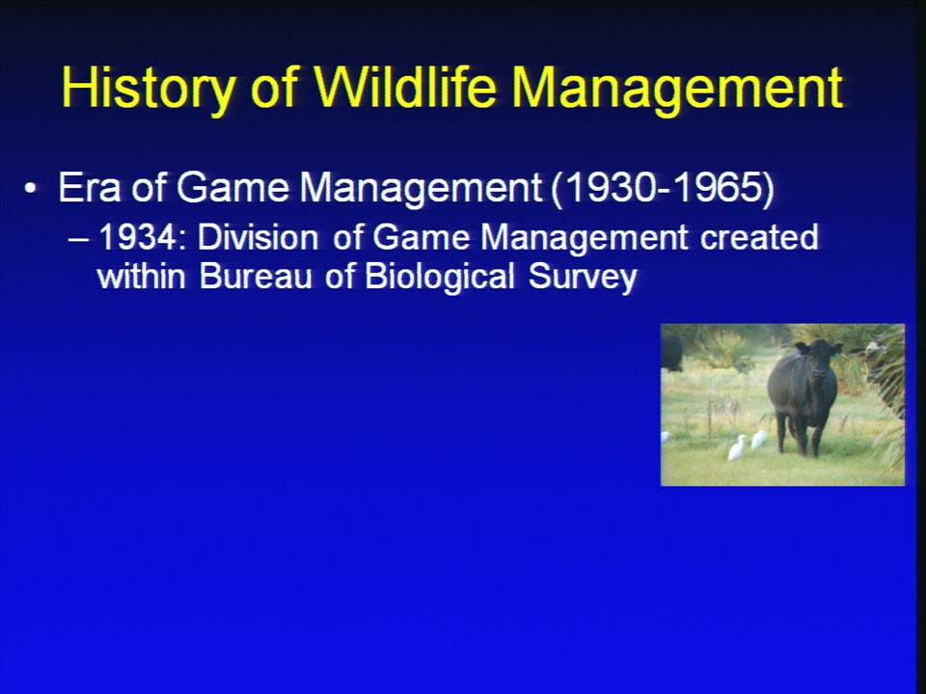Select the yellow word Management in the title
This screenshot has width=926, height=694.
(678, 89)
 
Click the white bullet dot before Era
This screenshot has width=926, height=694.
(30, 189)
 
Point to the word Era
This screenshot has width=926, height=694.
(90, 188)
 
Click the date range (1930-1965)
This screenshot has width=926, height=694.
(663, 189)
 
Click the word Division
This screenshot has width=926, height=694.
(259, 237)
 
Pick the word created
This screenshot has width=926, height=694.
(759, 237)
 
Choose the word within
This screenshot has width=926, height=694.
(141, 277)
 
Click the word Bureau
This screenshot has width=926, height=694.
(256, 277)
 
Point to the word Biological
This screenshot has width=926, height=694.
(440, 278)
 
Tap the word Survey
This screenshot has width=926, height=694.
(583, 278)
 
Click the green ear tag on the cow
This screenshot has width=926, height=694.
(838, 353)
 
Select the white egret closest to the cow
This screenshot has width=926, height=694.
(758, 440)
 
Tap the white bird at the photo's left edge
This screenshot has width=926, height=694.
(665, 438)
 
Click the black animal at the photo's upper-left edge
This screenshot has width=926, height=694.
(671, 353)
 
